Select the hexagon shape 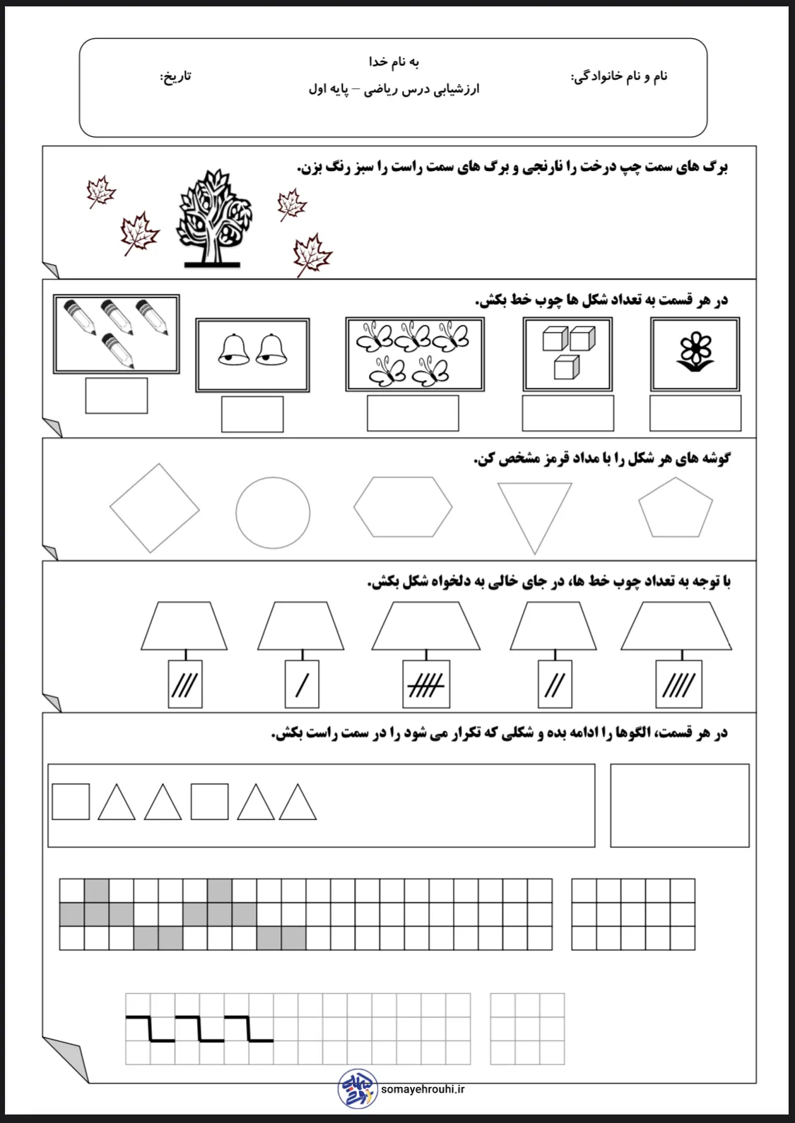click(403, 506)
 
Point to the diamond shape click(155, 508)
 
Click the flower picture click(695, 353)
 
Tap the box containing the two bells click(252, 355)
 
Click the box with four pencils click(117, 333)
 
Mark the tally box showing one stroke click(302, 684)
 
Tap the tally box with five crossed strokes click(426, 684)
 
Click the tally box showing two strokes click(555, 684)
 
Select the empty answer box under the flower click(695, 413)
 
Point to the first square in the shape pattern click(71, 802)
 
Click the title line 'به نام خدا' click(394, 62)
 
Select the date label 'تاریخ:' click(175, 76)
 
